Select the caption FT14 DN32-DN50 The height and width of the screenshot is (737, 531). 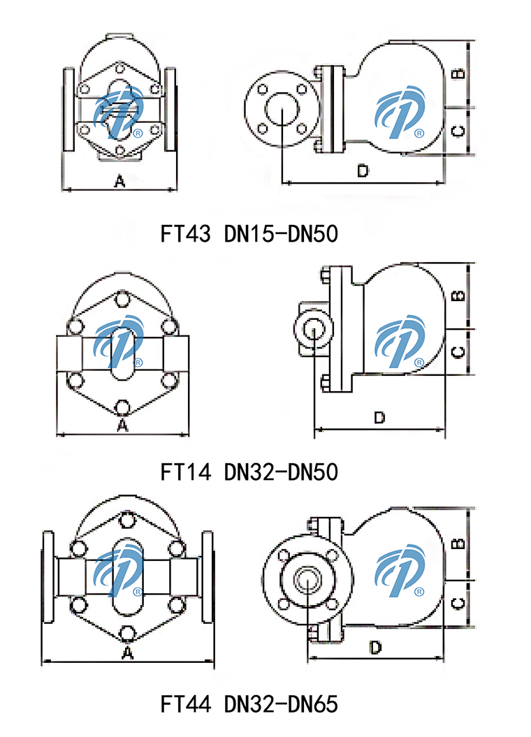click(x=249, y=473)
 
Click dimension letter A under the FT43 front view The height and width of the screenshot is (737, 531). click(x=119, y=182)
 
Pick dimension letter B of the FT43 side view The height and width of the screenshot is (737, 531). click(x=458, y=73)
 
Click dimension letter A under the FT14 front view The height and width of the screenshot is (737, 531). click(x=122, y=425)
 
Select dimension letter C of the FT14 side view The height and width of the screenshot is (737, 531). click(x=458, y=351)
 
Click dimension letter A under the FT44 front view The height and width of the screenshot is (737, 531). click(x=127, y=653)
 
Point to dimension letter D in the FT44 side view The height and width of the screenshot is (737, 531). click(x=375, y=648)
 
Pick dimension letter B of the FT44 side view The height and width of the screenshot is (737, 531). click(x=458, y=543)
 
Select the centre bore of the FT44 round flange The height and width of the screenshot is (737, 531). click(x=305, y=579)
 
